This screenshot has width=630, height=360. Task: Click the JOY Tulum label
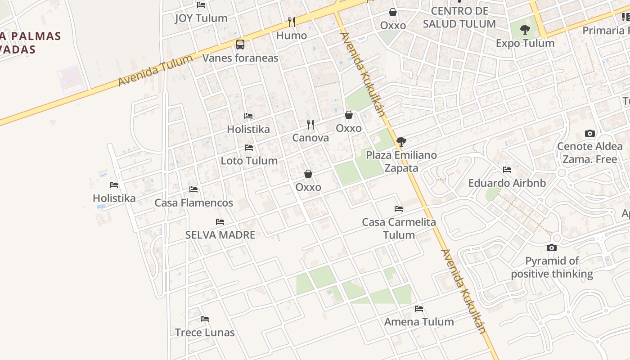coord(201,18)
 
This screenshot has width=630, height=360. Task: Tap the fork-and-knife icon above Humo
coord(292,22)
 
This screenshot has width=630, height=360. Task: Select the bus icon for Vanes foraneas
coord(240,45)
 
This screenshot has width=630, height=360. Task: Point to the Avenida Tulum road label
coord(155,71)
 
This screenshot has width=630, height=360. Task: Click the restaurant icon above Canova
coord(310,124)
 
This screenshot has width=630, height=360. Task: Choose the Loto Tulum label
coord(249,161)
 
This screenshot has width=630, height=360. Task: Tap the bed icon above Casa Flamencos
coord(193,189)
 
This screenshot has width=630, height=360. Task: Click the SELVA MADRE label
coord(220,235)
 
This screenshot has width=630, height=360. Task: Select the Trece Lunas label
coord(205,333)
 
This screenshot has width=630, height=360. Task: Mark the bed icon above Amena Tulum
coord(419,309)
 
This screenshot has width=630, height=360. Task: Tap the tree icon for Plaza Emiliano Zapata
coord(401,142)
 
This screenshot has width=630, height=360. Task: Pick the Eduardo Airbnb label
coord(507,183)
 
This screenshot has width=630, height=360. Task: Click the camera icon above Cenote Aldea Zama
coord(589,133)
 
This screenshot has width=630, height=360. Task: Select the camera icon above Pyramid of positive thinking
coord(551,247)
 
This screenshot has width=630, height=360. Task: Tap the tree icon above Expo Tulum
coord(525,30)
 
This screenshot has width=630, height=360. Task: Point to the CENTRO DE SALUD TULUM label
coord(459,18)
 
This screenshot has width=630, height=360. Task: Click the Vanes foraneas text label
coord(240,58)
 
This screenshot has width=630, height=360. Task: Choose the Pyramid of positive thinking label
coord(552,267)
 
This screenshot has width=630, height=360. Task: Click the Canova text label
coord(310,138)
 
